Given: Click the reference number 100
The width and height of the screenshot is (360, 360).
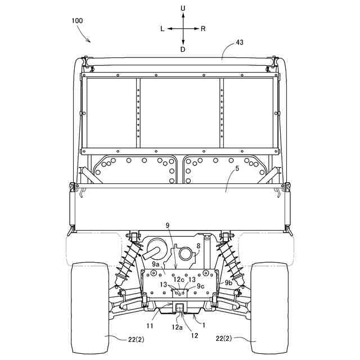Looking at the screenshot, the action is click(78, 21).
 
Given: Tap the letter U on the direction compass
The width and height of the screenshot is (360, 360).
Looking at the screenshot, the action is click(183, 8).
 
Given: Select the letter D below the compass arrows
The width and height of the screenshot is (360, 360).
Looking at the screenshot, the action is click(183, 49).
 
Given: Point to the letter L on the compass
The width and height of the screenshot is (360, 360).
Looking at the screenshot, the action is click(163, 29).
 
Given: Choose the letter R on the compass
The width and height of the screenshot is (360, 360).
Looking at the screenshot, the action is click(203, 29).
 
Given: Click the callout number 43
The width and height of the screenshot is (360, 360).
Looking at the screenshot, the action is click(240, 42).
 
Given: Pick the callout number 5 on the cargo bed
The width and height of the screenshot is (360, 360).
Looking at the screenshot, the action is click(237, 168).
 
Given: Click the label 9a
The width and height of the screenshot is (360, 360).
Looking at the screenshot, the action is click(156, 263).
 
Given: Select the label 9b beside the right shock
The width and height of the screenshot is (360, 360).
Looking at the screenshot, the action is click(229, 283).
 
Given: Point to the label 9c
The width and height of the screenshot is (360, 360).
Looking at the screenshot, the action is click(201, 287).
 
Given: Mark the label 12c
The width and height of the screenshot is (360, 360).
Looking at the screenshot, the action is click(178, 279).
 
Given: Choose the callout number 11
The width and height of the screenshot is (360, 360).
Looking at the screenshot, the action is click(151, 325).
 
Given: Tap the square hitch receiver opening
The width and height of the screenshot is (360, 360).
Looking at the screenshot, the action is click(181, 307).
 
